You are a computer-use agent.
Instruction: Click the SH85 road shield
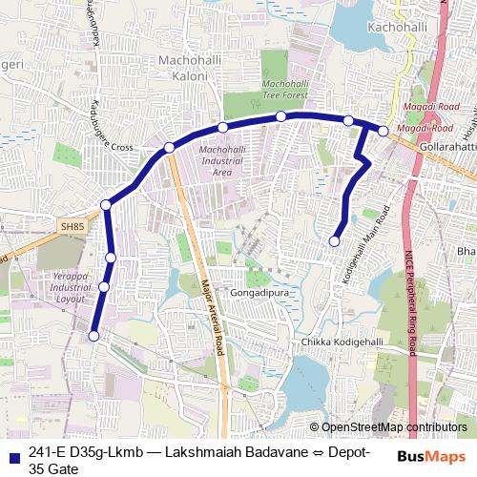tap(72, 227)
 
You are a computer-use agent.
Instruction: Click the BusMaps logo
tap(432, 455)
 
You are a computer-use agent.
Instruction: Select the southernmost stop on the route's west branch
tap(93, 335)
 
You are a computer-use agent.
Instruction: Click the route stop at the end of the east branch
tap(334, 240)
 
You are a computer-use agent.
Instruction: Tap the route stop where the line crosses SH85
tap(106, 204)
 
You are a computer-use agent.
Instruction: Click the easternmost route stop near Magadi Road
tap(384, 131)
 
